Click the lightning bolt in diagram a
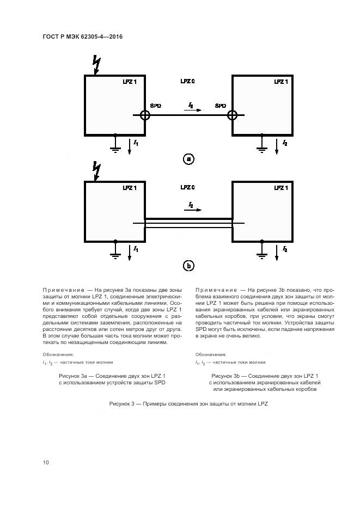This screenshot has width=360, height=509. [97, 64]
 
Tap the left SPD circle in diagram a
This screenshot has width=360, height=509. [145, 115]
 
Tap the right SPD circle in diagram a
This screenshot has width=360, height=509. [233, 115]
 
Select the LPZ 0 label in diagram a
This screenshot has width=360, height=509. [188, 81]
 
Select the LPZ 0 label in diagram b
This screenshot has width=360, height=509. [188, 188]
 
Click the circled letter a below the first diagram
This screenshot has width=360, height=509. [188, 160]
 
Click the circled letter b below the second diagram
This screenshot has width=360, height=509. [188, 266]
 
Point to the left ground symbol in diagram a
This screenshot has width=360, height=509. [115, 146]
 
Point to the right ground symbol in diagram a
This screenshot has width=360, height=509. [262, 146]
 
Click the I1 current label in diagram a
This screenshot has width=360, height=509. [136, 143]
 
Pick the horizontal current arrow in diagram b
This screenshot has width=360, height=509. [194, 209]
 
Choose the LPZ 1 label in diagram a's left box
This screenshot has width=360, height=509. [130, 82]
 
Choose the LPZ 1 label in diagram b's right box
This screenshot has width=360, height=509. [280, 188]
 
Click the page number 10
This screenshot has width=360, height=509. [46, 463]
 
